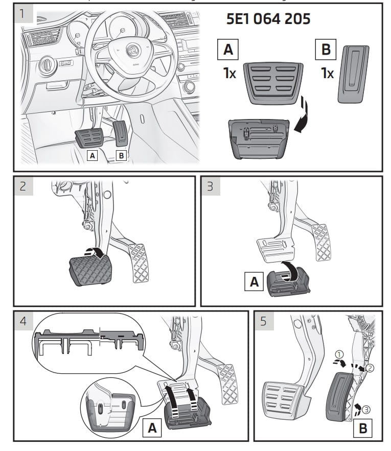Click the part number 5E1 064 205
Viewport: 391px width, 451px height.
268,19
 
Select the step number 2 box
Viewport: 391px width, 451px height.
22,186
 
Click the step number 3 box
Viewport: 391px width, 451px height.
210,186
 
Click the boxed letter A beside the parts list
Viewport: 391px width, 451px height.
228,50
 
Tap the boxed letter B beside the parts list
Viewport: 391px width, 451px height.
326,50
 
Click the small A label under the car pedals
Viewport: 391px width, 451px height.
92,155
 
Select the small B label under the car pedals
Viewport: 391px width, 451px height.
121,155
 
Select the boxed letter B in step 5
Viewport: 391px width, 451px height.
363,427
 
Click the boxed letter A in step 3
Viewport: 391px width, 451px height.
254,280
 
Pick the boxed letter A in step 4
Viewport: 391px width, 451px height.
152,428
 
